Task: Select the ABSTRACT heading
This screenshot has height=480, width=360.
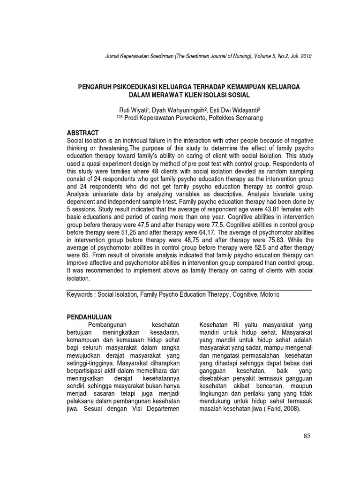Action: pyautogui.click(x=83, y=133)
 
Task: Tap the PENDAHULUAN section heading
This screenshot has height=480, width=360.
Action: pyautogui.click(x=90, y=317)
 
